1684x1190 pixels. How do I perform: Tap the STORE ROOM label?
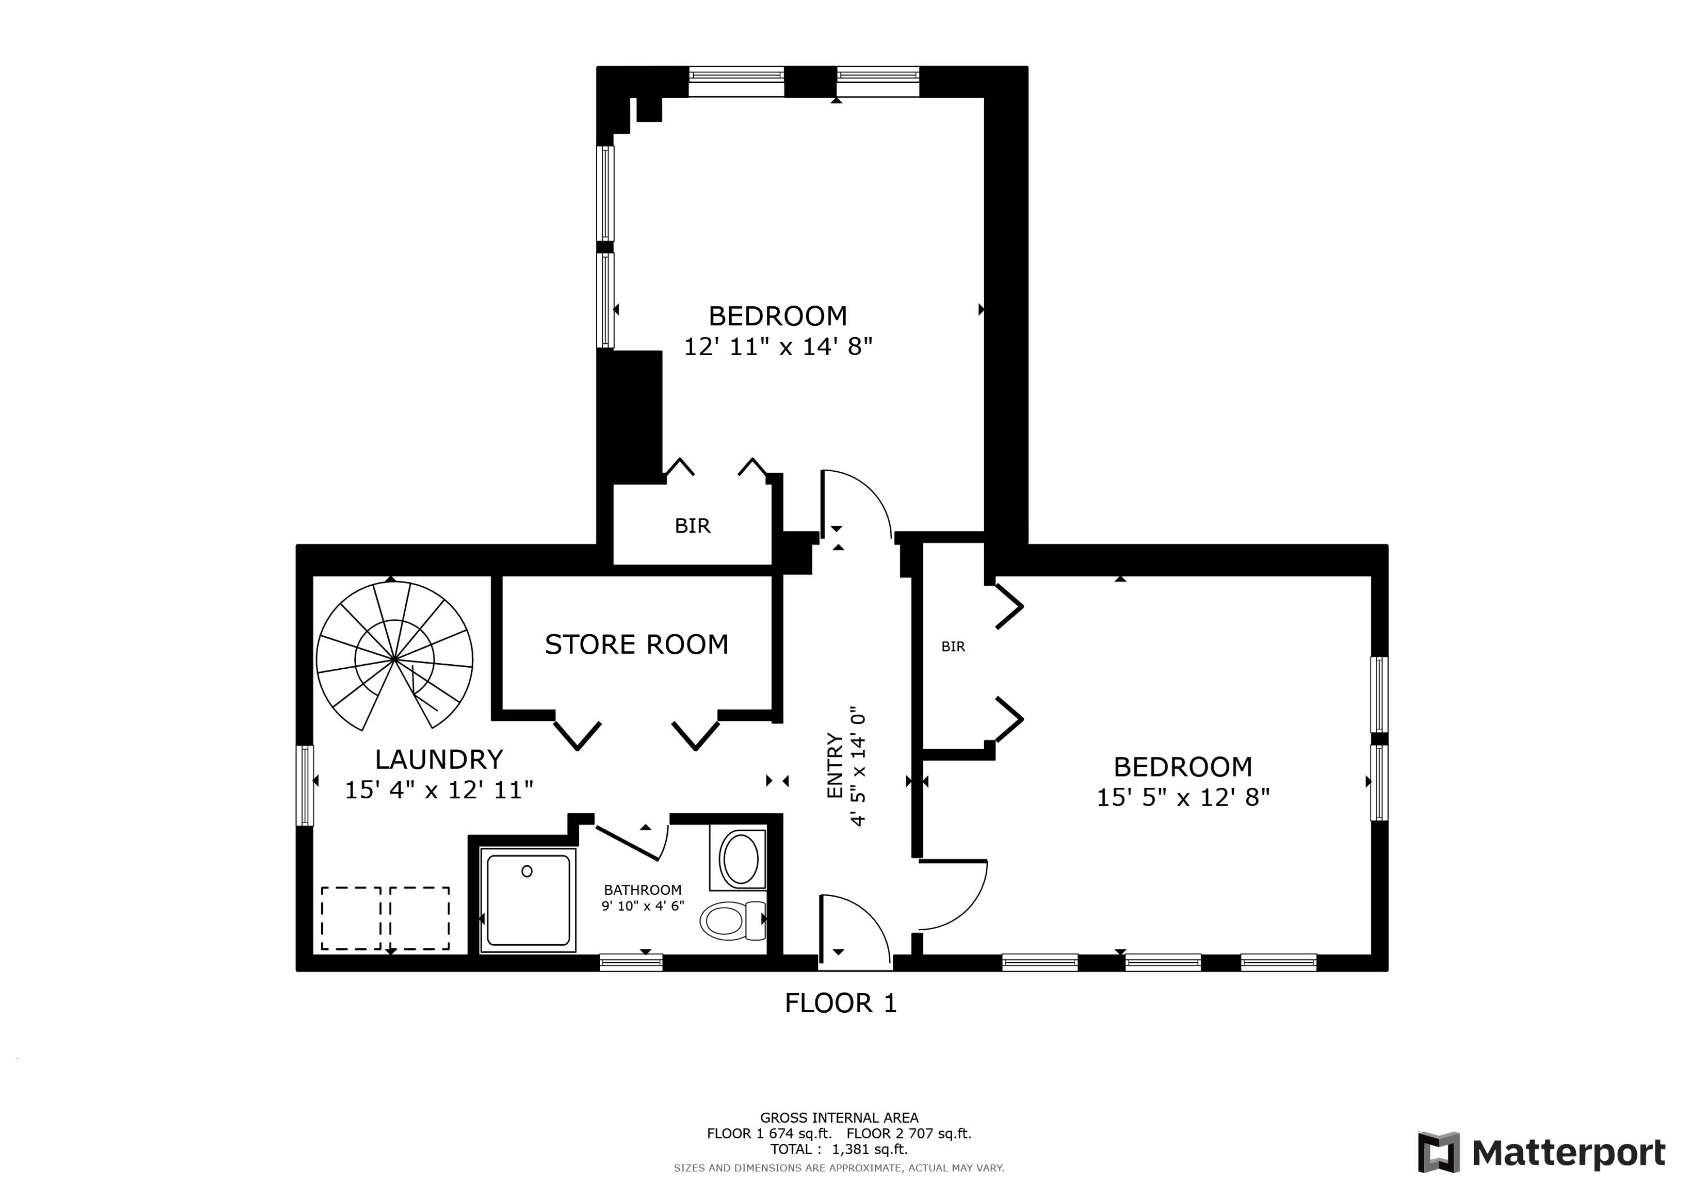636,645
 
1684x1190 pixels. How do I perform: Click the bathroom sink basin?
740,858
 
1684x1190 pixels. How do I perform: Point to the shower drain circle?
527,871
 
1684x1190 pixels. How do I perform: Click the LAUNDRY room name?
438,758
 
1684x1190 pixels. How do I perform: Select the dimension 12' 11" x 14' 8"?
777,346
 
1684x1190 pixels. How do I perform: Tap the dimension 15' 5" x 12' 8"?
1182,797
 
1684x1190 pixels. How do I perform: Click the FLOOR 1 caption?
840,1003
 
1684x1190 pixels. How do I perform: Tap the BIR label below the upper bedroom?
692,526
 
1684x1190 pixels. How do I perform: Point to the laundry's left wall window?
305,785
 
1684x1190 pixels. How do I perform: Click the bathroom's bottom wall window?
631,962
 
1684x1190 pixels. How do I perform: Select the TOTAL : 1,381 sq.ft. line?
838,1149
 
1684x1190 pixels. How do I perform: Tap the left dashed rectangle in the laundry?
351,918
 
